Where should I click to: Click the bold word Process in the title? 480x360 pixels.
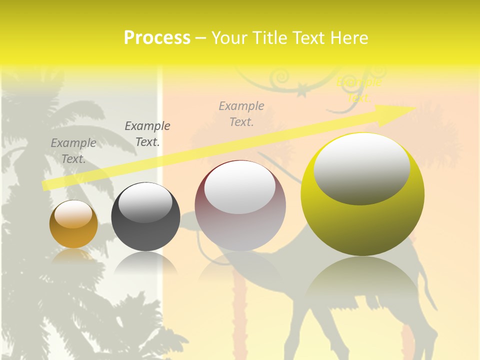157,38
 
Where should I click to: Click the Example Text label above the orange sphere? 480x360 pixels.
73,150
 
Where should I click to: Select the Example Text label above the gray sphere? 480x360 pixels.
147,133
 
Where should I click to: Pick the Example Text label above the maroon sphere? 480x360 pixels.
241,113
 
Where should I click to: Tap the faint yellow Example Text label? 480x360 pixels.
359,89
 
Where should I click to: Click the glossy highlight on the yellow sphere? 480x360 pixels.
361,167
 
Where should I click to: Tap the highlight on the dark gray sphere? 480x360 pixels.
145,201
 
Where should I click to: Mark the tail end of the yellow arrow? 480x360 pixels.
45,186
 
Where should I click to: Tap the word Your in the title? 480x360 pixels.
228,38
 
